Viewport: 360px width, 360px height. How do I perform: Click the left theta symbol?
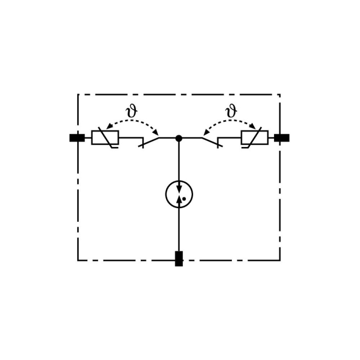coord(131,111)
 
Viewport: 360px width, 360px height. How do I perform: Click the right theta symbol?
coord(231,111)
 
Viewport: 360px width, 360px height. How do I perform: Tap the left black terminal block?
coord(77,138)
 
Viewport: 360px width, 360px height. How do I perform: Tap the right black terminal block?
coord(282,138)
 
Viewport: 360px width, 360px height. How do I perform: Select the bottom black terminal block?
coord(179,259)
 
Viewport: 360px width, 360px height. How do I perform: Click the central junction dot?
coord(179,138)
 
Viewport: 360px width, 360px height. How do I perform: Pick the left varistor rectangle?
coord(105,138)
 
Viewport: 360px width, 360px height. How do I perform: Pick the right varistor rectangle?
coord(255,138)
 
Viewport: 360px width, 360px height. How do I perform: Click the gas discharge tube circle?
coord(179,194)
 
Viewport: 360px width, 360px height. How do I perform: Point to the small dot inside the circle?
coord(184,199)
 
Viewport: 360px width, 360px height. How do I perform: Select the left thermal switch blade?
coord(149,142)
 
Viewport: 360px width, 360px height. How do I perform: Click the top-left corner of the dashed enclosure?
coord(78,94)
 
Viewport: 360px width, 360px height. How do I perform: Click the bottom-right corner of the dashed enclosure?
coord(280,260)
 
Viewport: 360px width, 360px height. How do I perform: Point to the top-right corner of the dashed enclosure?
coord(280,94)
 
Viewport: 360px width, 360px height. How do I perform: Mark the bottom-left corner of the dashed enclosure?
coord(78,260)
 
